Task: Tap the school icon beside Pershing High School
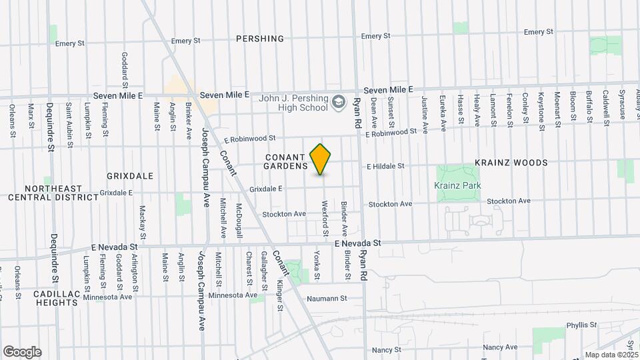coord(339,102)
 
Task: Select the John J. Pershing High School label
coord(293,103)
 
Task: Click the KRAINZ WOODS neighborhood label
coord(511,163)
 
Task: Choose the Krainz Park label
coord(457,185)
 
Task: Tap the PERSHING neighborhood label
coord(260,39)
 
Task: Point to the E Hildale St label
coord(385,165)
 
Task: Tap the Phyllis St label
coord(581,325)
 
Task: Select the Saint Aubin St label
coord(69,121)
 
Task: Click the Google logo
coord(22,352)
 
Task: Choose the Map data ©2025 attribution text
coord(609,355)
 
